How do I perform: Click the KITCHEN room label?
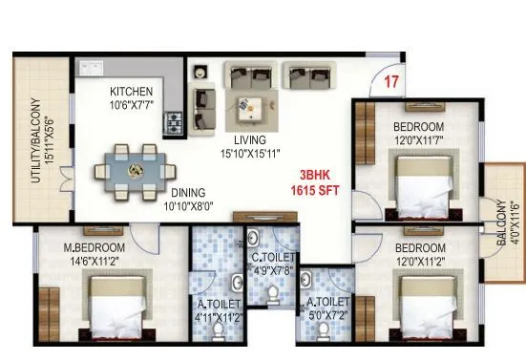coord(131,92)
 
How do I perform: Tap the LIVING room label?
coord(250,139)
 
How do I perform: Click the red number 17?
coord(390,81)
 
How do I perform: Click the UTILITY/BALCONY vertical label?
coord(37,142)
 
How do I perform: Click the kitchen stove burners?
coord(174,122)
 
